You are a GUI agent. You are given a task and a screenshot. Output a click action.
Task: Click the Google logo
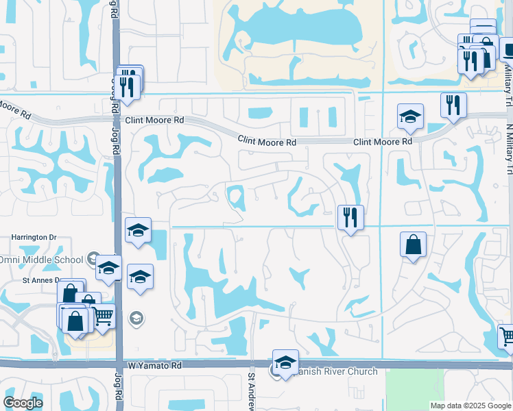23,403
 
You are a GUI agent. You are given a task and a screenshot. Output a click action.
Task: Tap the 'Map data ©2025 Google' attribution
470,406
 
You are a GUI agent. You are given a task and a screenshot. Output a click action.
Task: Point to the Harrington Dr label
32,238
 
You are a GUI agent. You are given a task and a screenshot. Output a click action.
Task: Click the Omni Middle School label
41,258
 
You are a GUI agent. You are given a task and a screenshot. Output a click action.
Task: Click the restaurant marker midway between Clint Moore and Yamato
350,218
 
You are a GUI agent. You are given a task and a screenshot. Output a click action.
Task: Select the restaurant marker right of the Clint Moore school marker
453,105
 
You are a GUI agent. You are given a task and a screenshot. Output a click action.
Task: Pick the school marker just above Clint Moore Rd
410,116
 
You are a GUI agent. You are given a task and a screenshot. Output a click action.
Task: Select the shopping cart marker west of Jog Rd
103,316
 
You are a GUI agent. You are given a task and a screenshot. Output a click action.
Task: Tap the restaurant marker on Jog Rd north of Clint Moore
127,86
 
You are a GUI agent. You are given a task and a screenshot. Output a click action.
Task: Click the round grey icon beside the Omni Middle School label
93,258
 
